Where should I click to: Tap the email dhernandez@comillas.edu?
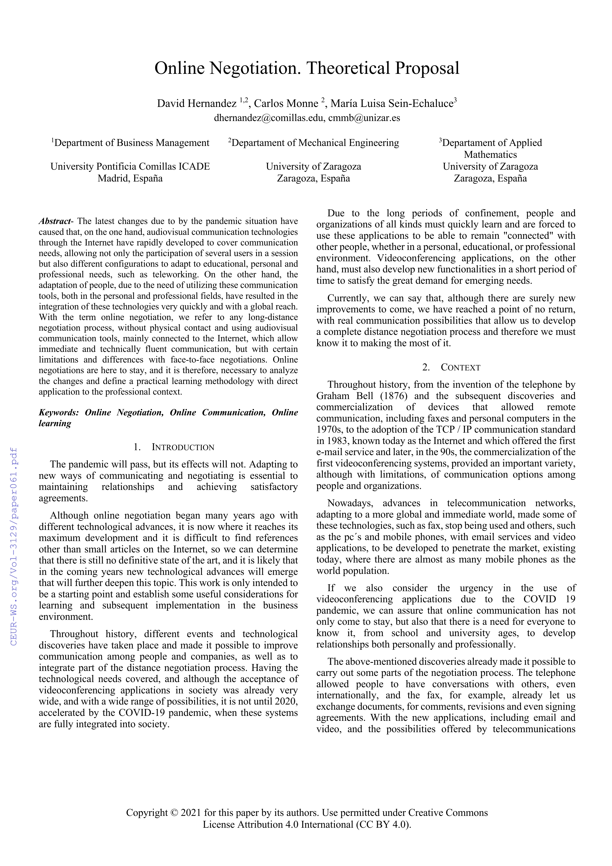pyautogui.click(x=269, y=118)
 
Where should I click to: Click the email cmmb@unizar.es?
pyautogui.click(x=364, y=118)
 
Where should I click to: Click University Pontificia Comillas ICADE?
pyautogui.click(x=130, y=166)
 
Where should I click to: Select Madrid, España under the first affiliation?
pyautogui.click(x=130, y=178)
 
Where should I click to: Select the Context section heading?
pyautogui.click(x=460, y=367)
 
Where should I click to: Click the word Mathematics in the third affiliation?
pyautogui.click(x=490, y=155)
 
